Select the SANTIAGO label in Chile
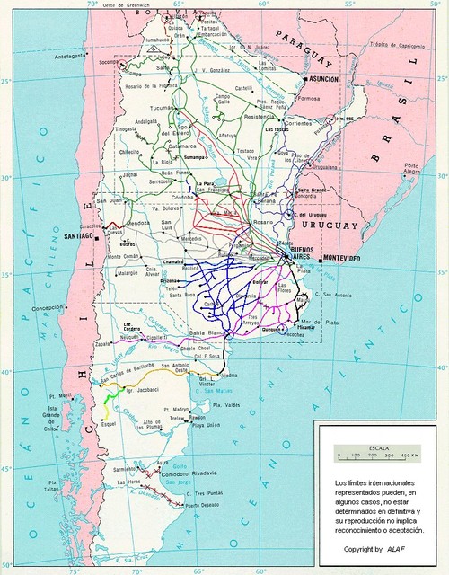tap(80, 236)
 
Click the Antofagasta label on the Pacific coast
tap(74, 56)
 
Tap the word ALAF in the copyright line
tap(396, 547)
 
